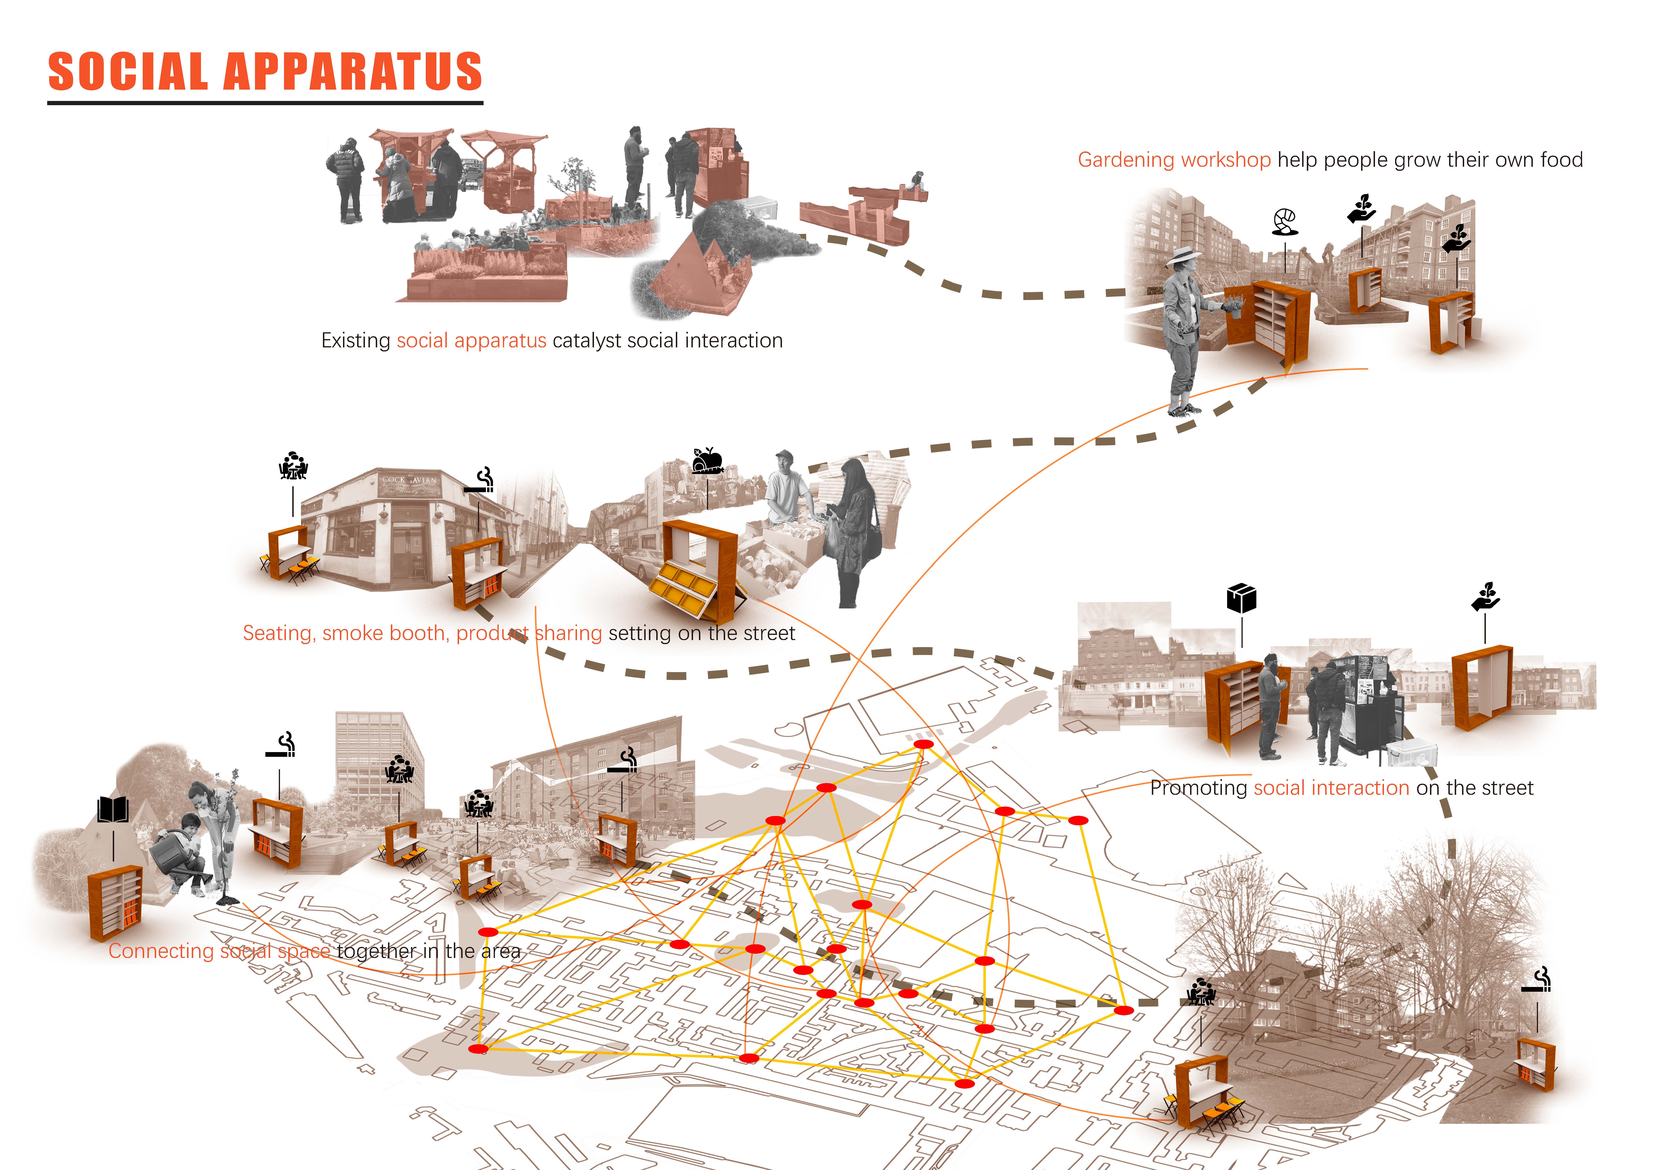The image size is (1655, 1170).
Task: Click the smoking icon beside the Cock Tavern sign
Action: pos(480,480)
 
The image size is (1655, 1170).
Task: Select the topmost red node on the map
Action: pos(923,744)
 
